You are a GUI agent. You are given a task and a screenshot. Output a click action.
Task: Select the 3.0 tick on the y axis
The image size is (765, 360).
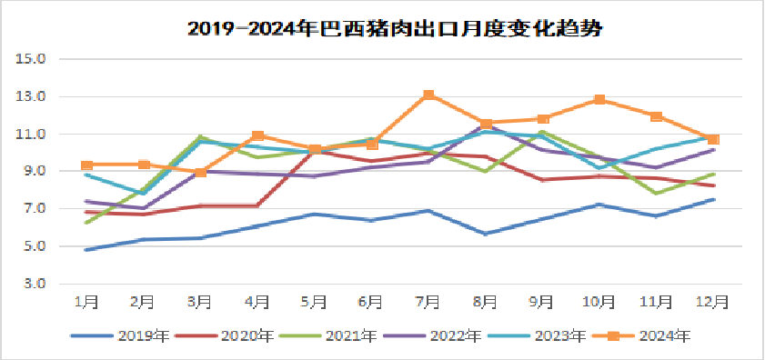tap(35, 284)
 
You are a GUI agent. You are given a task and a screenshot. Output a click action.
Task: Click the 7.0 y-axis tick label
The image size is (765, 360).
tap(35, 209)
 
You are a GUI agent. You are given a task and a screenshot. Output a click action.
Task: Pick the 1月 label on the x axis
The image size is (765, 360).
tap(86, 301)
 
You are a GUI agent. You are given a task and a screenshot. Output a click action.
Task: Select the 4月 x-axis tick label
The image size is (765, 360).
tap(257, 301)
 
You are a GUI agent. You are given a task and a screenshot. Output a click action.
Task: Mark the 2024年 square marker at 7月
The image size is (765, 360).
tap(428, 95)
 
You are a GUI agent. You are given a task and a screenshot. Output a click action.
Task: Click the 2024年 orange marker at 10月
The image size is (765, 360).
tap(599, 100)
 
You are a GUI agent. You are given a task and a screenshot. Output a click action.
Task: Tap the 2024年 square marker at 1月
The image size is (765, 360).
tap(86, 165)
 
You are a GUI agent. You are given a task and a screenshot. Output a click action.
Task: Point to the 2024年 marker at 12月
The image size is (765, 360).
tap(713, 139)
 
